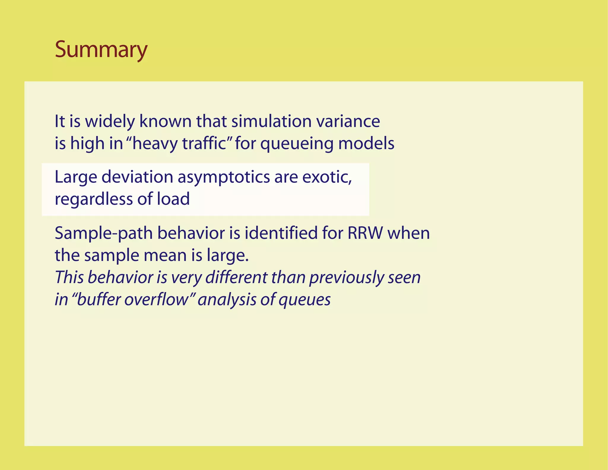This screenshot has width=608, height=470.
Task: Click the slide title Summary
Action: tap(101, 50)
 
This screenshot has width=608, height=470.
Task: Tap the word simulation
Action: tap(271, 122)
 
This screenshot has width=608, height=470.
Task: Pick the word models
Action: tap(366, 143)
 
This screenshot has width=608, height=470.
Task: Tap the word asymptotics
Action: tap(224, 177)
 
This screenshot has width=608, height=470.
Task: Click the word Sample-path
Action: tap(104, 234)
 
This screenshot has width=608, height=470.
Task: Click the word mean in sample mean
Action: tap(167, 255)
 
